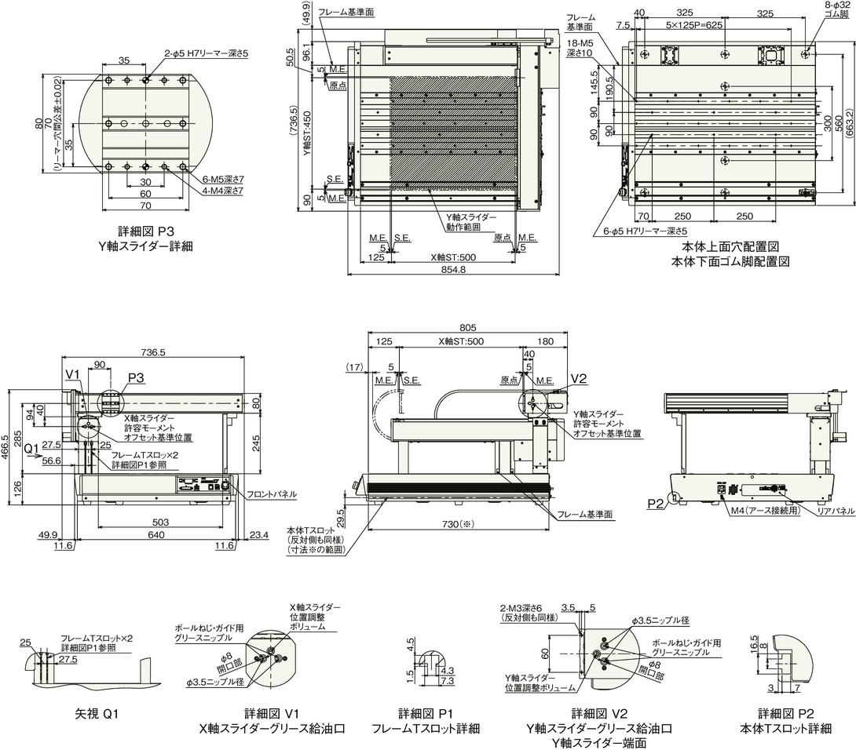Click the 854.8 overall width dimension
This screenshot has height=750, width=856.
point(452,270)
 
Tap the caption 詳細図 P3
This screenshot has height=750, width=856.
point(146,231)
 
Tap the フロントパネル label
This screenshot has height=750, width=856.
point(272,494)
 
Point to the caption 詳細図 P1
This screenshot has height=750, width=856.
point(426,714)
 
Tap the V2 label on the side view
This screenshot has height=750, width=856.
point(579,379)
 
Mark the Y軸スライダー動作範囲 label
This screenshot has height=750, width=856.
point(469,224)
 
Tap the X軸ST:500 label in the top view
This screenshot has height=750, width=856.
point(454,257)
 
